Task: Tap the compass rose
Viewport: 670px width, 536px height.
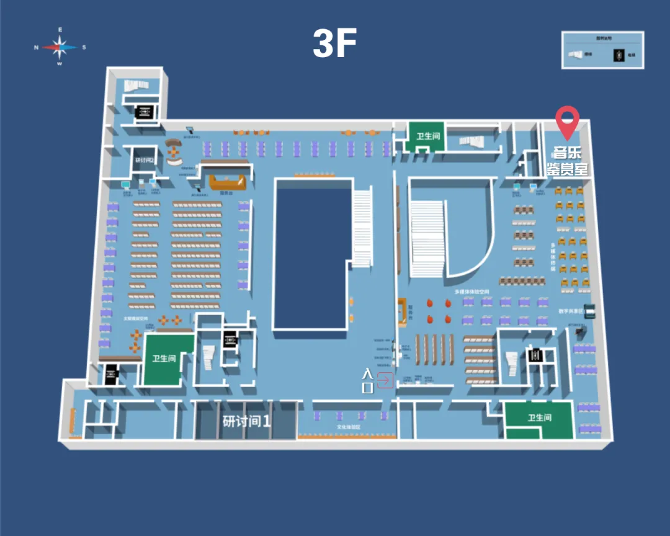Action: pos(60,47)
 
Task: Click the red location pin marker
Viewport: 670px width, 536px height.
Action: pos(566,122)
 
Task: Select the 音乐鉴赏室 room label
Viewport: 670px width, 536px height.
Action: pos(566,160)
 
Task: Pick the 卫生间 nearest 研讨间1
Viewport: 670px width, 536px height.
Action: pos(164,359)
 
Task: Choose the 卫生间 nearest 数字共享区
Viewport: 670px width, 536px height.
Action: pos(538,418)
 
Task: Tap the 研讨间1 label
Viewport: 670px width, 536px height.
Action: pos(247,421)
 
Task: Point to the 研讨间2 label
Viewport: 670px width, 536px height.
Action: pos(144,160)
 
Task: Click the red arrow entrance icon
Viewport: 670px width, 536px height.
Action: pos(385,380)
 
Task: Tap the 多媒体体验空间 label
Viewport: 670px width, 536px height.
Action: pos(471,291)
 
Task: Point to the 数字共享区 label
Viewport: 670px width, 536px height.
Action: pos(571,311)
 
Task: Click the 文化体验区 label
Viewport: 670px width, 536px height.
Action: pos(349,427)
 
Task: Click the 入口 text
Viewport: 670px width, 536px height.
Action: pos(367,380)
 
